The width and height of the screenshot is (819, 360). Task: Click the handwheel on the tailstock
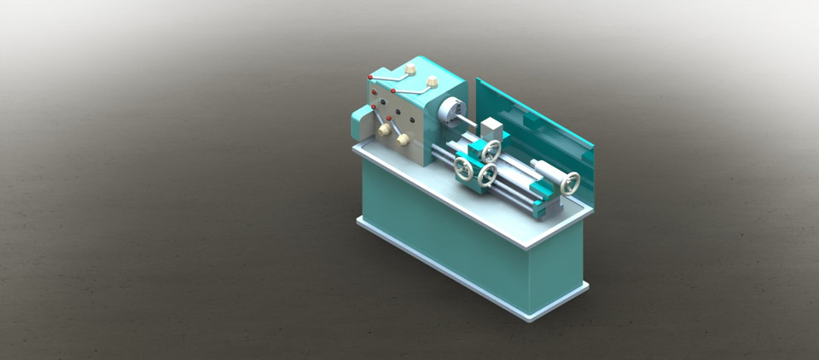pos(569,183)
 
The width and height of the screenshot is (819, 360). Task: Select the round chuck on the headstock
pos(450,111)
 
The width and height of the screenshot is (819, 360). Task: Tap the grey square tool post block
pos(491,129)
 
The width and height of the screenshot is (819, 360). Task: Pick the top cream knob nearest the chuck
pos(432,82)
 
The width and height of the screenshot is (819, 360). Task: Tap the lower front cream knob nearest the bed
pos(403,138)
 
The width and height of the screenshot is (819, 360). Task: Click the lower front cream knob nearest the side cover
pos(385,129)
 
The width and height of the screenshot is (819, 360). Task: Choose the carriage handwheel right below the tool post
pos(491,151)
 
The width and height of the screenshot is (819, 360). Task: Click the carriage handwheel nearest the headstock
pos(463,168)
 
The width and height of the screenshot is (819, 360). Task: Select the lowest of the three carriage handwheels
pos(487,176)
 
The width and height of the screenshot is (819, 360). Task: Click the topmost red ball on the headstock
pos(369,77)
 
